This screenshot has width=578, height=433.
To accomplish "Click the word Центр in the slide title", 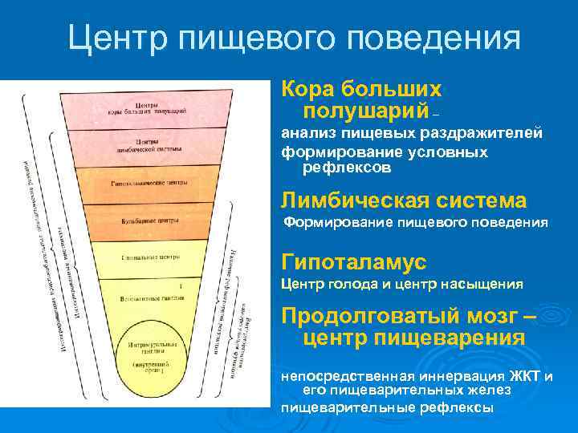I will click(116, 38).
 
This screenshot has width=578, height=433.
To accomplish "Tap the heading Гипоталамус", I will click(353, 262).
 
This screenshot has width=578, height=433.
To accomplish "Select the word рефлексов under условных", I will click(347, 168).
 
